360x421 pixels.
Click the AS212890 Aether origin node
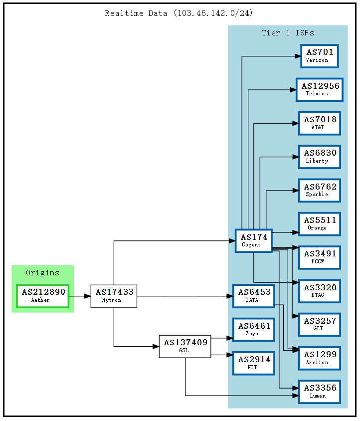coord(42,296)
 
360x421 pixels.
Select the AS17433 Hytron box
coord(114,296)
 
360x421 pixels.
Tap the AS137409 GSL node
coord(185,346)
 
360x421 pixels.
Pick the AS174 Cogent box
coord(254,240)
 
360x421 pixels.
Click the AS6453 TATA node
coord(254,296)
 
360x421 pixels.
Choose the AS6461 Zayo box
coord(254,329)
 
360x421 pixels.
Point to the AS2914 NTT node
coord(254,363)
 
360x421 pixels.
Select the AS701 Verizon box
coord(320,56)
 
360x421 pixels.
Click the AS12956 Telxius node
coord(320,89)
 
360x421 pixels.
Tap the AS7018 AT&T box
coord(320,123)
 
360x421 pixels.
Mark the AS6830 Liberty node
coord(320,157)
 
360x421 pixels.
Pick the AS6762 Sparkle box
coord(320,190)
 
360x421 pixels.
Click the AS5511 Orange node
coord(320,224)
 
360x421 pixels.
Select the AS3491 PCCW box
coord(320,257)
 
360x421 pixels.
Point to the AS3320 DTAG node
coord(320,291)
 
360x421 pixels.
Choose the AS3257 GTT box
coord(320,324)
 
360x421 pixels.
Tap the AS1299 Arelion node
coord(320,358)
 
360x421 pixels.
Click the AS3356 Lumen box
coord(320,392)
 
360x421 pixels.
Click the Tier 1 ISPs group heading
coord(288,33)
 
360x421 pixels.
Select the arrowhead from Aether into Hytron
coord(87,296)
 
